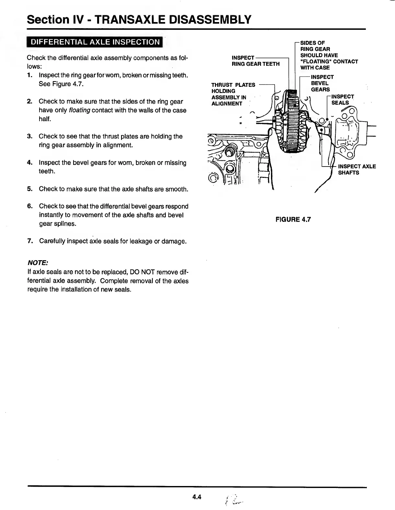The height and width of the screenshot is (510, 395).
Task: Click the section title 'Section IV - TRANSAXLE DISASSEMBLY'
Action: click(x=139, y=20)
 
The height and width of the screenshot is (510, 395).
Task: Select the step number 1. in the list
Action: click(x=30, y=75)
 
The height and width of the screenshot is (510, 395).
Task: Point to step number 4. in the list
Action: click(x=30, y=162)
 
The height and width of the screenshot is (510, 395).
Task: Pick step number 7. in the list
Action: click(x=30, y=241)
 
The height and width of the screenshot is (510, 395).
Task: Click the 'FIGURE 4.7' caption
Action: click(x=293, y=219)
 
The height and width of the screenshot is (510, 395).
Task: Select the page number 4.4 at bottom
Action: click(x=197, y=497)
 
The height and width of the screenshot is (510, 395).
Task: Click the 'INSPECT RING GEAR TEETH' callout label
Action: click(x=255, y=61)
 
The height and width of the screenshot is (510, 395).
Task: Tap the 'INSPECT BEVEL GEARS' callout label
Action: click(x=322, y=83)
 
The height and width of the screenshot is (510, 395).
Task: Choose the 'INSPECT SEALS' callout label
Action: click(x=342, y=99)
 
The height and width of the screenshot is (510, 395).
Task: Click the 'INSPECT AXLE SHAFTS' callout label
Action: click(x=357, y=169)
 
